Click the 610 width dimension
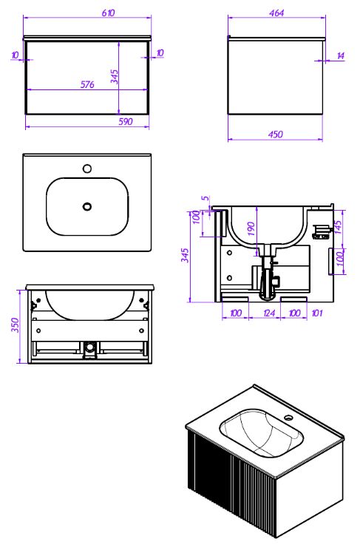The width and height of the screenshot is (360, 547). (108, 13)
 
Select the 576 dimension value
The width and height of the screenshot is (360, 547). (87, 84)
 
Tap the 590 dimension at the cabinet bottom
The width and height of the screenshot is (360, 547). (126, 121)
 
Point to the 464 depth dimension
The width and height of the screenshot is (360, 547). (276, 13)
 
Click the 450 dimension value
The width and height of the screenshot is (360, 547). (276, 135)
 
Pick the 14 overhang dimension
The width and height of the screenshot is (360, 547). (341, 56)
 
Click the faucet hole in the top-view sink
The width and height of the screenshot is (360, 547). (87, 169)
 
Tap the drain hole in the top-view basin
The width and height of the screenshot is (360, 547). (87, 206)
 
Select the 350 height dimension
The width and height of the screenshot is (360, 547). (16, 325)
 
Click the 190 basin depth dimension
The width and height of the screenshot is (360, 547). (251, 229)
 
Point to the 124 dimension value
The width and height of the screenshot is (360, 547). (269, 313)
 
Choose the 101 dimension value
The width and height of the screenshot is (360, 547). (316, 313)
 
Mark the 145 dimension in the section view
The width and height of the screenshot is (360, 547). (338, 227)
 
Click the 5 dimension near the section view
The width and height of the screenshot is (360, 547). (206, 198)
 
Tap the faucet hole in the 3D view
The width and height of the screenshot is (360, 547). (289, 417)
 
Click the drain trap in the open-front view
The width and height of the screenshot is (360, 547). (90, 350)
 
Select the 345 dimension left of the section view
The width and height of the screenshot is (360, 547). (186, 255)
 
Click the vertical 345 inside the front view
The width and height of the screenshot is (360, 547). (115, 77)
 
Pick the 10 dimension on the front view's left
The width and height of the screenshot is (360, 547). (15, 55)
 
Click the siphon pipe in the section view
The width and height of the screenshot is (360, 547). (267, 276)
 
